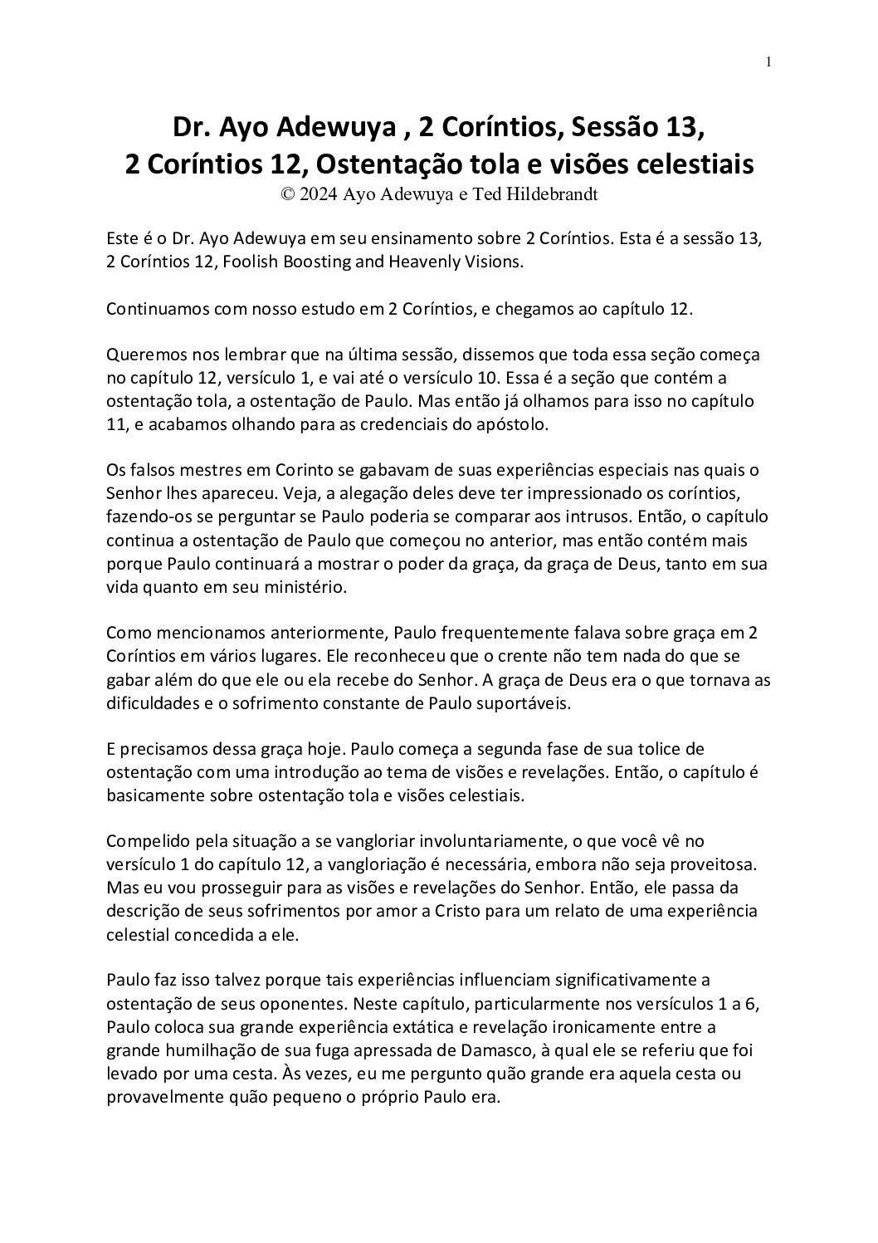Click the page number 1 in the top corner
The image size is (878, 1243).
point(769,61)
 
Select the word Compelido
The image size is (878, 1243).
point(143,841)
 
